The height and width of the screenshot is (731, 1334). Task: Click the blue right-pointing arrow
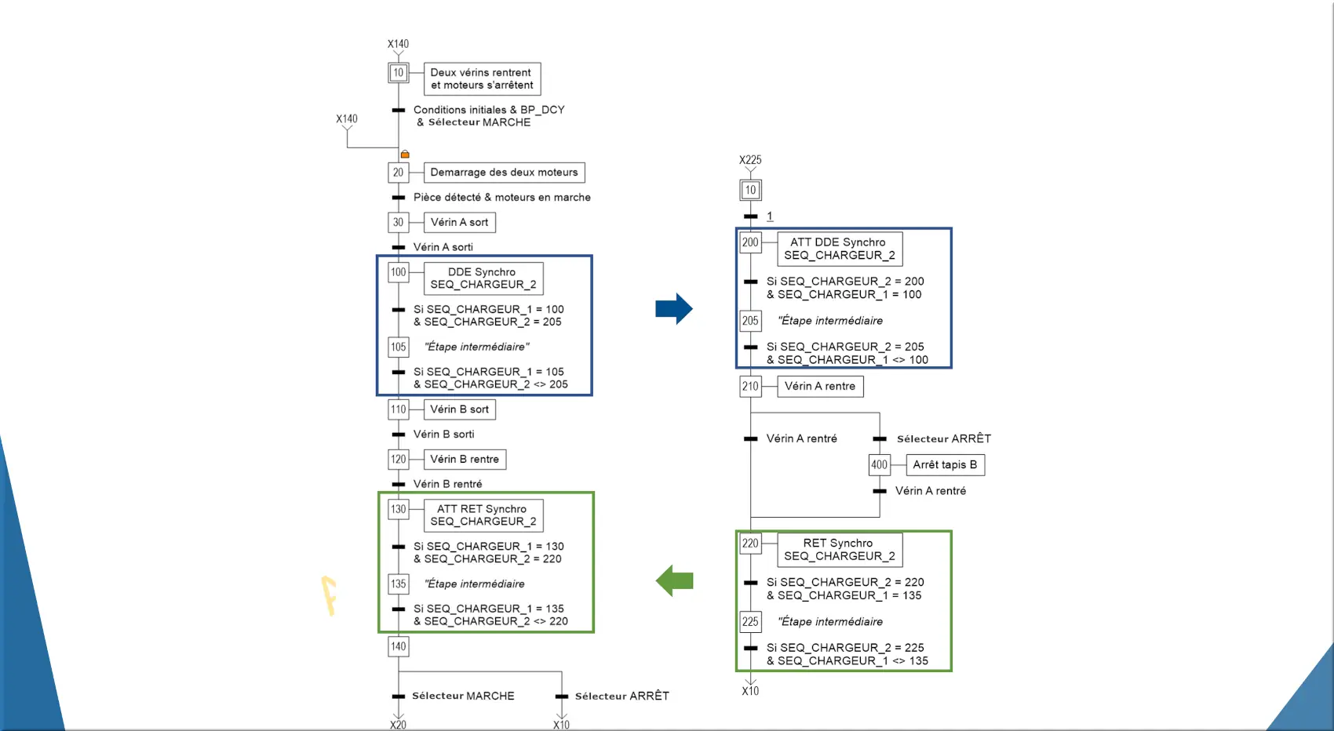673,309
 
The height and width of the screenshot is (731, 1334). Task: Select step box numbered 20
398,173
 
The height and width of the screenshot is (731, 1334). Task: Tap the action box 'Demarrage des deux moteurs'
504,173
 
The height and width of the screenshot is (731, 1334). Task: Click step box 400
879,465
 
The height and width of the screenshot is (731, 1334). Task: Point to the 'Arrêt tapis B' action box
945,465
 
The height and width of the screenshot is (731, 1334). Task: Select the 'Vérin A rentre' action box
820,387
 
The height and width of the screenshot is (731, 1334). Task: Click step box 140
399,647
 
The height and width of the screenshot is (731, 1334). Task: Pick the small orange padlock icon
405,155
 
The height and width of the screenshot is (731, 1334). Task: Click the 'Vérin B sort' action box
459,409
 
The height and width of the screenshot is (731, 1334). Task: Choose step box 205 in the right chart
750,321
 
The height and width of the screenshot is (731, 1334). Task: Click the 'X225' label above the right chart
750,160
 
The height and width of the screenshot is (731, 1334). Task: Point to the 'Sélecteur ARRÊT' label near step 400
943,439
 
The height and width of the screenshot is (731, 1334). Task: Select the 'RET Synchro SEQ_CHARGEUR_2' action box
839,550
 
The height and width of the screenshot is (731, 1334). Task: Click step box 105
399,347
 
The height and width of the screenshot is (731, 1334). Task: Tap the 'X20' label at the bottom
398,725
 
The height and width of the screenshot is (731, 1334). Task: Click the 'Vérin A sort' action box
459,223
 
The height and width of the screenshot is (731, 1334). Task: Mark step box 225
750,622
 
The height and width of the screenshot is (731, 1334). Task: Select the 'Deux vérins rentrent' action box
482,79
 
